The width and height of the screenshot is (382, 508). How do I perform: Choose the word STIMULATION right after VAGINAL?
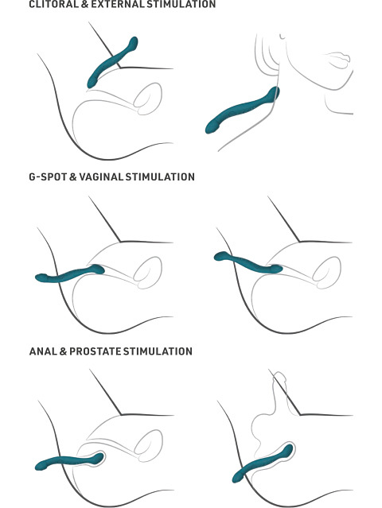point(160,177)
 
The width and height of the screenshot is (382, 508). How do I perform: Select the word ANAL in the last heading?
point(43,351)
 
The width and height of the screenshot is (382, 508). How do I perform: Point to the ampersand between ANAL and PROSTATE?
point(63,351)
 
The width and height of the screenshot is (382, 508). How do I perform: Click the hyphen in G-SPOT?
point(37,177)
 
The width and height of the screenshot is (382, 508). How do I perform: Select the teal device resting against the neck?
point(242,111)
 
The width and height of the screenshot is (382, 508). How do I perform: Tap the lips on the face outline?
point(339,60)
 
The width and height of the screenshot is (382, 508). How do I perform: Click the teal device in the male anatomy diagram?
point(263,463)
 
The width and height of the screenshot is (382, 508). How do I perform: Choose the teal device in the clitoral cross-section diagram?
point(112,62)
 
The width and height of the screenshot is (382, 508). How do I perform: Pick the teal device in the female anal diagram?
point(69,461)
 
